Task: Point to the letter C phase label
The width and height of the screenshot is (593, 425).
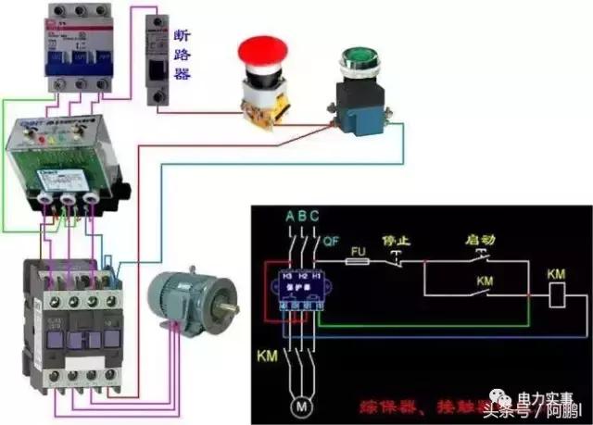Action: (x=315, y=218)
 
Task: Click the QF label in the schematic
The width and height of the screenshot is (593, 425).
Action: (x=331, y=243)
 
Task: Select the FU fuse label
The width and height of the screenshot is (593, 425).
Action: (x=360, y=250)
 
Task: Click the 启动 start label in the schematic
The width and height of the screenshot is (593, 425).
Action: (x=483, y=239)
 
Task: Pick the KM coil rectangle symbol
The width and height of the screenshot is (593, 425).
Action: (x=557, y=295)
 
